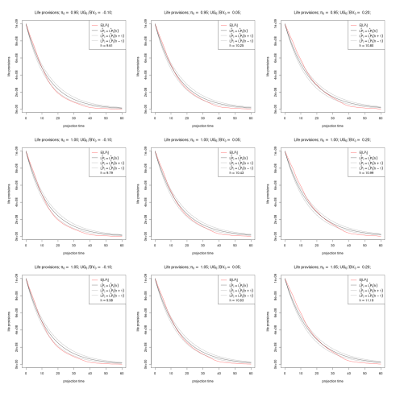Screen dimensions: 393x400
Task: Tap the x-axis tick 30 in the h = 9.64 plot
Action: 75,118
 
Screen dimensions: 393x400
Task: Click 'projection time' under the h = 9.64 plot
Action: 75,125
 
